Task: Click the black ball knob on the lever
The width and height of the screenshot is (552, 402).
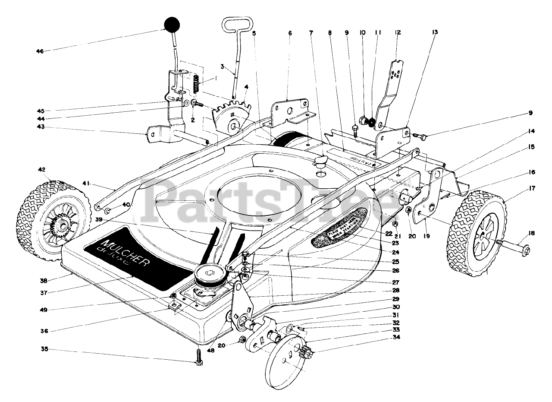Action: click(x=172, y=25)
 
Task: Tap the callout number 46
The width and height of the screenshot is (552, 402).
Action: click(x=40, y=51)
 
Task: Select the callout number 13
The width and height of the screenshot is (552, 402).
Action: click(x=434, y=32)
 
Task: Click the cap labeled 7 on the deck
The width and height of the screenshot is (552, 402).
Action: click(x=321, y=162)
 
